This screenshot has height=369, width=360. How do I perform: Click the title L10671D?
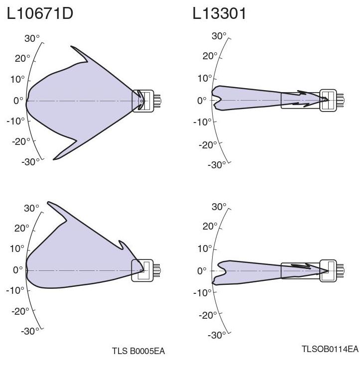coord(40,14)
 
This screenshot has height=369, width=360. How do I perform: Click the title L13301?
coord(219,14)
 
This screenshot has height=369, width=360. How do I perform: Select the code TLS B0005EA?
coord(138,351)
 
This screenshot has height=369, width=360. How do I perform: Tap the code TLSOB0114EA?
coord(330,349)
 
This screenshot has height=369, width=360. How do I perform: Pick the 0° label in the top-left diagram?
coord(18,101)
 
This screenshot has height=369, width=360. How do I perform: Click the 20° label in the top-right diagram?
coord(209,56)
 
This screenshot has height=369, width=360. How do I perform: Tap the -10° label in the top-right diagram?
coord(206,122)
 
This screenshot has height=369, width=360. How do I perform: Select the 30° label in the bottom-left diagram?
coord(31,208)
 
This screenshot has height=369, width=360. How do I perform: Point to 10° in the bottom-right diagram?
coord(205,248)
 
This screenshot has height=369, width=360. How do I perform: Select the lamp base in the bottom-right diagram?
coord(329,270)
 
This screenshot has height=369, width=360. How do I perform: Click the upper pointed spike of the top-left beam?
coord(72,47)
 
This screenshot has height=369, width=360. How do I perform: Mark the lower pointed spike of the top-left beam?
coord(55,159)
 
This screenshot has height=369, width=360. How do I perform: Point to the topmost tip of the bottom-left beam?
coord(48,202)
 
